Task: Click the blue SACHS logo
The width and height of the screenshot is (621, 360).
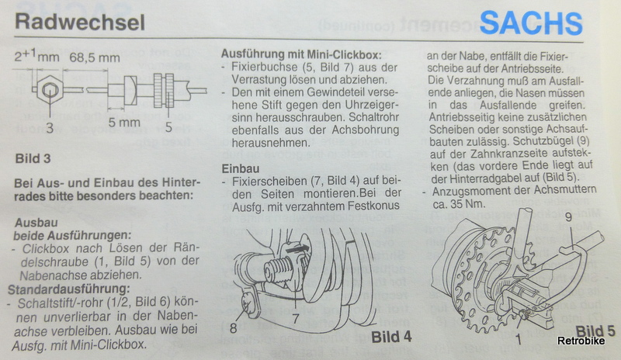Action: click(531, 23)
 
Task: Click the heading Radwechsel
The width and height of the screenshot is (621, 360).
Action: click(80, 22)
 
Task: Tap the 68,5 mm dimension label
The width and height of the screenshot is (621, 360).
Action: click(95, 57)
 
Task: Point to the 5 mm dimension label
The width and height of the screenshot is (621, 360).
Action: click(124, 123)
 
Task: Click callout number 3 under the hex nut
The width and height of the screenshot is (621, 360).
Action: click(50, 128)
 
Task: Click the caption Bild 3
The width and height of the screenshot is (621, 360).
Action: click(33, 158)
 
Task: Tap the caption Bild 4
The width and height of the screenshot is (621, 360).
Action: click(391, 337)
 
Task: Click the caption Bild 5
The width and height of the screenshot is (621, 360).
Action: click(595, 331)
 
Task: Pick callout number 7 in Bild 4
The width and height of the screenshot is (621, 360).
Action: click(296, 317)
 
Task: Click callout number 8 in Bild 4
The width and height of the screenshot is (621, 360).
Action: click(234, 328)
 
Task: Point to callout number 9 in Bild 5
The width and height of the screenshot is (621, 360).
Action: click(568, 217)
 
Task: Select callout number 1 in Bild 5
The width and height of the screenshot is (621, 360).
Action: click(518, 338)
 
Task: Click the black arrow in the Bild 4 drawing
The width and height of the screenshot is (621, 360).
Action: click(297, 250)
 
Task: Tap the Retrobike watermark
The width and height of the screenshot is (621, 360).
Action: click(581, 341)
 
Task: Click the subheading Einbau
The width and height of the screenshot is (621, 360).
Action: click(241, 168)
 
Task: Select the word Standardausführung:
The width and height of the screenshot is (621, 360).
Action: click(68, 289)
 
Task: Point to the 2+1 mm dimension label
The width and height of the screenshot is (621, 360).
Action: click(36, 56)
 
